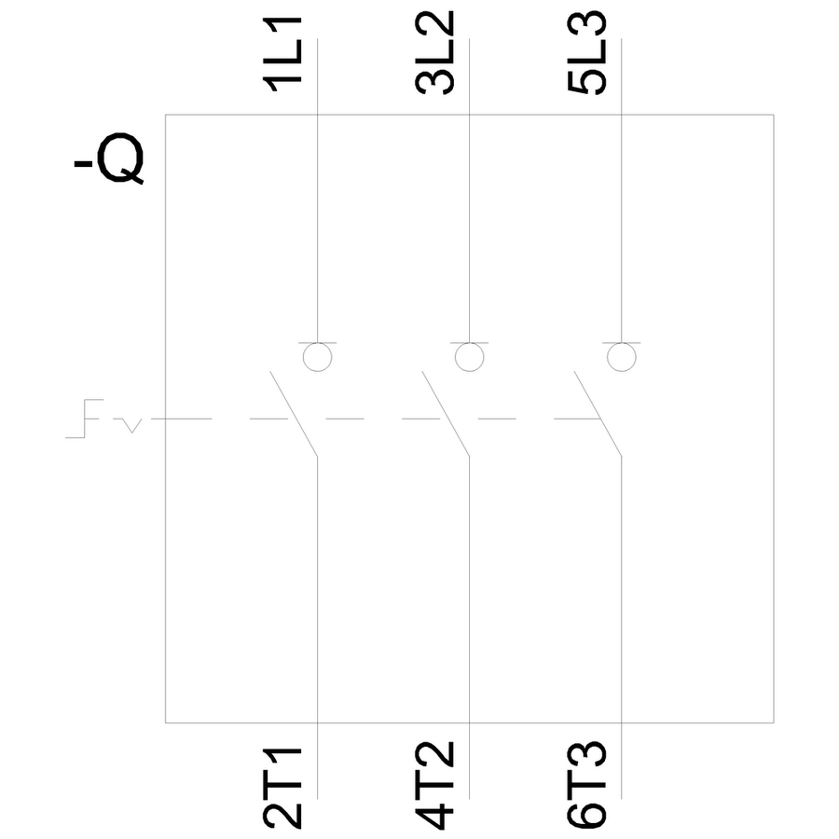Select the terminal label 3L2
click(x=435, y=53)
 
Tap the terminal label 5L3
click(x=586, y=53)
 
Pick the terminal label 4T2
click(x=435, y=786)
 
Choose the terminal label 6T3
click(x=586, y=786)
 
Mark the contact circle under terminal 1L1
click(x=318, y=357)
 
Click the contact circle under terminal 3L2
click(x=469, y=357)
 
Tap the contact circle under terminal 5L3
click(x=620, y=357)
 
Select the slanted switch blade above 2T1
click(x=295, y=415)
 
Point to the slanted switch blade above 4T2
click(x=446, y=415)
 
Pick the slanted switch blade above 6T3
click(x=597, y=415)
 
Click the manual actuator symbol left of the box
click(x=87, y=419)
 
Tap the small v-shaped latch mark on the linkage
click(x=133, y=427)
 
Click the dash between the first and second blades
click(x=345, y=419)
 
